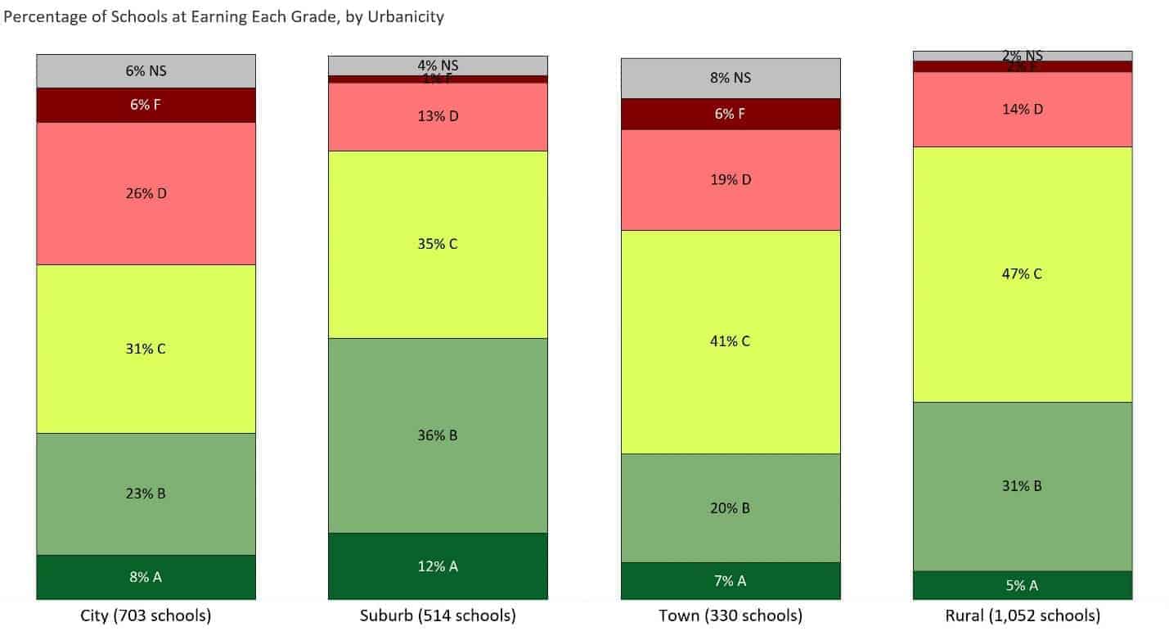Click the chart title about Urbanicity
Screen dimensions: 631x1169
224,16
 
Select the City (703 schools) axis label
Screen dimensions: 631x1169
146,615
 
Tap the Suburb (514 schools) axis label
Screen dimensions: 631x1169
438,615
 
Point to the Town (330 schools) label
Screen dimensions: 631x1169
731,615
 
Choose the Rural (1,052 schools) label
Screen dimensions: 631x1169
1023,615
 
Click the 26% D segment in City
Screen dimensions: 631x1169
146,194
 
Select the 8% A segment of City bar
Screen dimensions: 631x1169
146,577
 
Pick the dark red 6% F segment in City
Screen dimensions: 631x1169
146,105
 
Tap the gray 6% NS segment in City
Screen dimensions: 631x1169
146,71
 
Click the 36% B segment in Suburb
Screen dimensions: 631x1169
438,435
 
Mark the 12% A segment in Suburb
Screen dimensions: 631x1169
438,566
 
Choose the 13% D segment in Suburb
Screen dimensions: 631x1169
438,116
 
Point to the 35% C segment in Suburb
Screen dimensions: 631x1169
438,244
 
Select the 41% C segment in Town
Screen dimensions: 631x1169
731,341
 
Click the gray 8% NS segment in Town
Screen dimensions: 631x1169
731,79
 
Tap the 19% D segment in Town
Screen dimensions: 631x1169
731,180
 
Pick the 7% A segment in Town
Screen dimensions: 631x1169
731,581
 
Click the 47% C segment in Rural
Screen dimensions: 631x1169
1023,274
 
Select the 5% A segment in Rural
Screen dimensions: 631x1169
1023,585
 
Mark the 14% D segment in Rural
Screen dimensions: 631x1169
1023,109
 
